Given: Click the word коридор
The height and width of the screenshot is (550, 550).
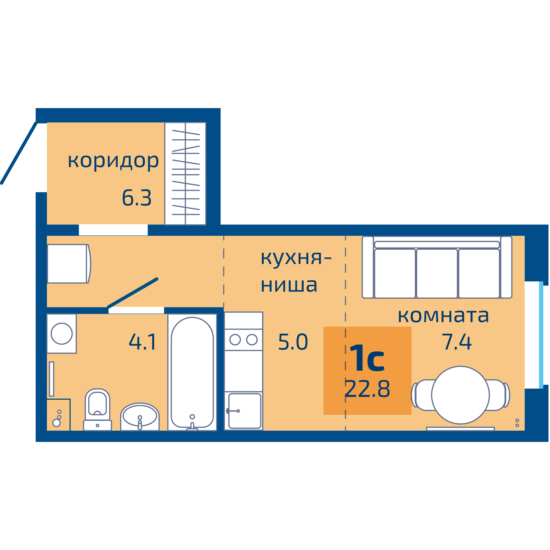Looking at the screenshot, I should click(x=113, y=161).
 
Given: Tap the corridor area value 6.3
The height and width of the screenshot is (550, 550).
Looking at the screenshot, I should click(x=137, y=198).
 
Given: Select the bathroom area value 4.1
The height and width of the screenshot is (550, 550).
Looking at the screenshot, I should click(x=142, y=342).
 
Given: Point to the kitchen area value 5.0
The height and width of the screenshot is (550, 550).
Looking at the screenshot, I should click(x=293, y=342).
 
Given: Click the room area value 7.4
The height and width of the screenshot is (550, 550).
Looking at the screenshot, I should click(x=457, y=342).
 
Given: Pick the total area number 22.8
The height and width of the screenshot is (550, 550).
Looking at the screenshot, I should click(x=367, y=389).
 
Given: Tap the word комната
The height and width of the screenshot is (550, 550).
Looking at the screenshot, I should click(x=443, y=316).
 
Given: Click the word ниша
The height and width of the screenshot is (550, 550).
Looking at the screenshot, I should click(x=289, y=285).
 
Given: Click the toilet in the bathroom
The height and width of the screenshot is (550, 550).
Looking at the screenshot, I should click(x=97, y=408).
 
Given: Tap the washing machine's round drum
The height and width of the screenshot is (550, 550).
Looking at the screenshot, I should click(x=62, y=333).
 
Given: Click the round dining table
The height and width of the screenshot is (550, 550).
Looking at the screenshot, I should click(x=460, y=395).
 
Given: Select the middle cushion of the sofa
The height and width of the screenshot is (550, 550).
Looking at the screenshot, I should click(x=437, y=273).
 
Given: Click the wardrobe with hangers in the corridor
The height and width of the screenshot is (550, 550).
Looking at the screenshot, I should click(x=185, y=174).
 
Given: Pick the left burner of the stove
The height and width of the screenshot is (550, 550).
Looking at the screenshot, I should click(x=235, y=340).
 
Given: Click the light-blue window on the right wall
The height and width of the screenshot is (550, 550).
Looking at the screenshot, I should click(x=541, y=335).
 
